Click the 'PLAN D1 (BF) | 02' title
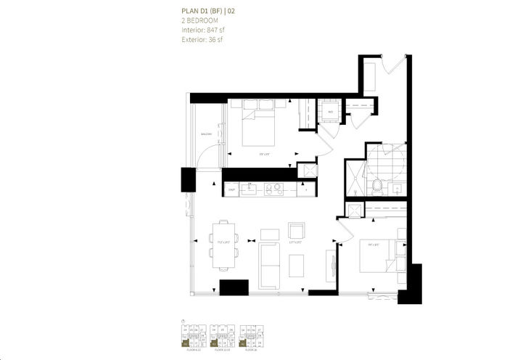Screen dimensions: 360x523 click(207, 11)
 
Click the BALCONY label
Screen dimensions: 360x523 click(207, 135)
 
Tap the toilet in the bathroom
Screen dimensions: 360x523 click(376, 187)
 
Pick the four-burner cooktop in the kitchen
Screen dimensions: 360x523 click(275, 189)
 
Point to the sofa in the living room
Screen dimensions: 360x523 click(269, 265)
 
